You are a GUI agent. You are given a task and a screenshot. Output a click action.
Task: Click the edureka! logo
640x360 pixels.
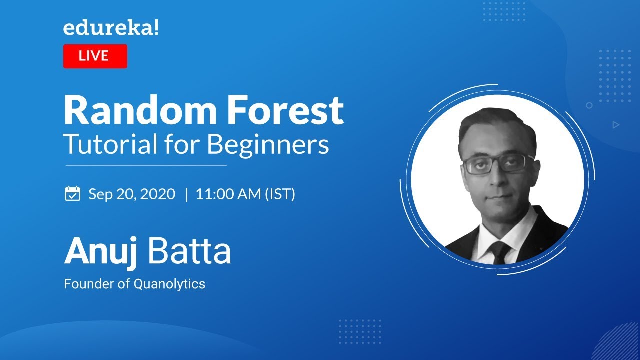click(x=111, y=28)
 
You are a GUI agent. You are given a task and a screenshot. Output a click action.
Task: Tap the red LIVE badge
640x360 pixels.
click(x=95, y=56)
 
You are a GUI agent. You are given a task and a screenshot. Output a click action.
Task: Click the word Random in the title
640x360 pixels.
click(x=140, y=110)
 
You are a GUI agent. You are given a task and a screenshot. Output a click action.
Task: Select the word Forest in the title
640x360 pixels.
click(x=285, y=110)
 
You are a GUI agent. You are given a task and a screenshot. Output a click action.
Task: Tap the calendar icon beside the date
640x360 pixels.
click(x=73, y=193)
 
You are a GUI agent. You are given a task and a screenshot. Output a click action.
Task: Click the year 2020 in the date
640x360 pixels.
click(x=158, y=194)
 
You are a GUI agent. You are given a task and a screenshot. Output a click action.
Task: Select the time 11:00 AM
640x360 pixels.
click(x=228, y=194)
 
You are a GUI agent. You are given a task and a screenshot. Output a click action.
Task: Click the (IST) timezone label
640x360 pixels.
click(x=280, y=194)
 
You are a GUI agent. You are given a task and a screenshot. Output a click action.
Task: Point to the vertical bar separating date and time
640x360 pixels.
click(x=187, y=194)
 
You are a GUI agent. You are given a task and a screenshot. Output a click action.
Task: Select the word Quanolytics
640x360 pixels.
click(x=169, y=284)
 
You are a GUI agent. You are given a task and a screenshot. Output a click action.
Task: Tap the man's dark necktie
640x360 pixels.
click(x=500, y=252)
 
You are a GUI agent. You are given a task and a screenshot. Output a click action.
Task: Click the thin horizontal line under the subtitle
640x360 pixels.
click(x=146, y=165)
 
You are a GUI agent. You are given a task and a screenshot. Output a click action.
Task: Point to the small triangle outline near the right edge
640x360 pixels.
click(x=616, y=125)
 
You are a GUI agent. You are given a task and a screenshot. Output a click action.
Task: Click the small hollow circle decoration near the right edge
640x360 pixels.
click(x=589, y=105)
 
